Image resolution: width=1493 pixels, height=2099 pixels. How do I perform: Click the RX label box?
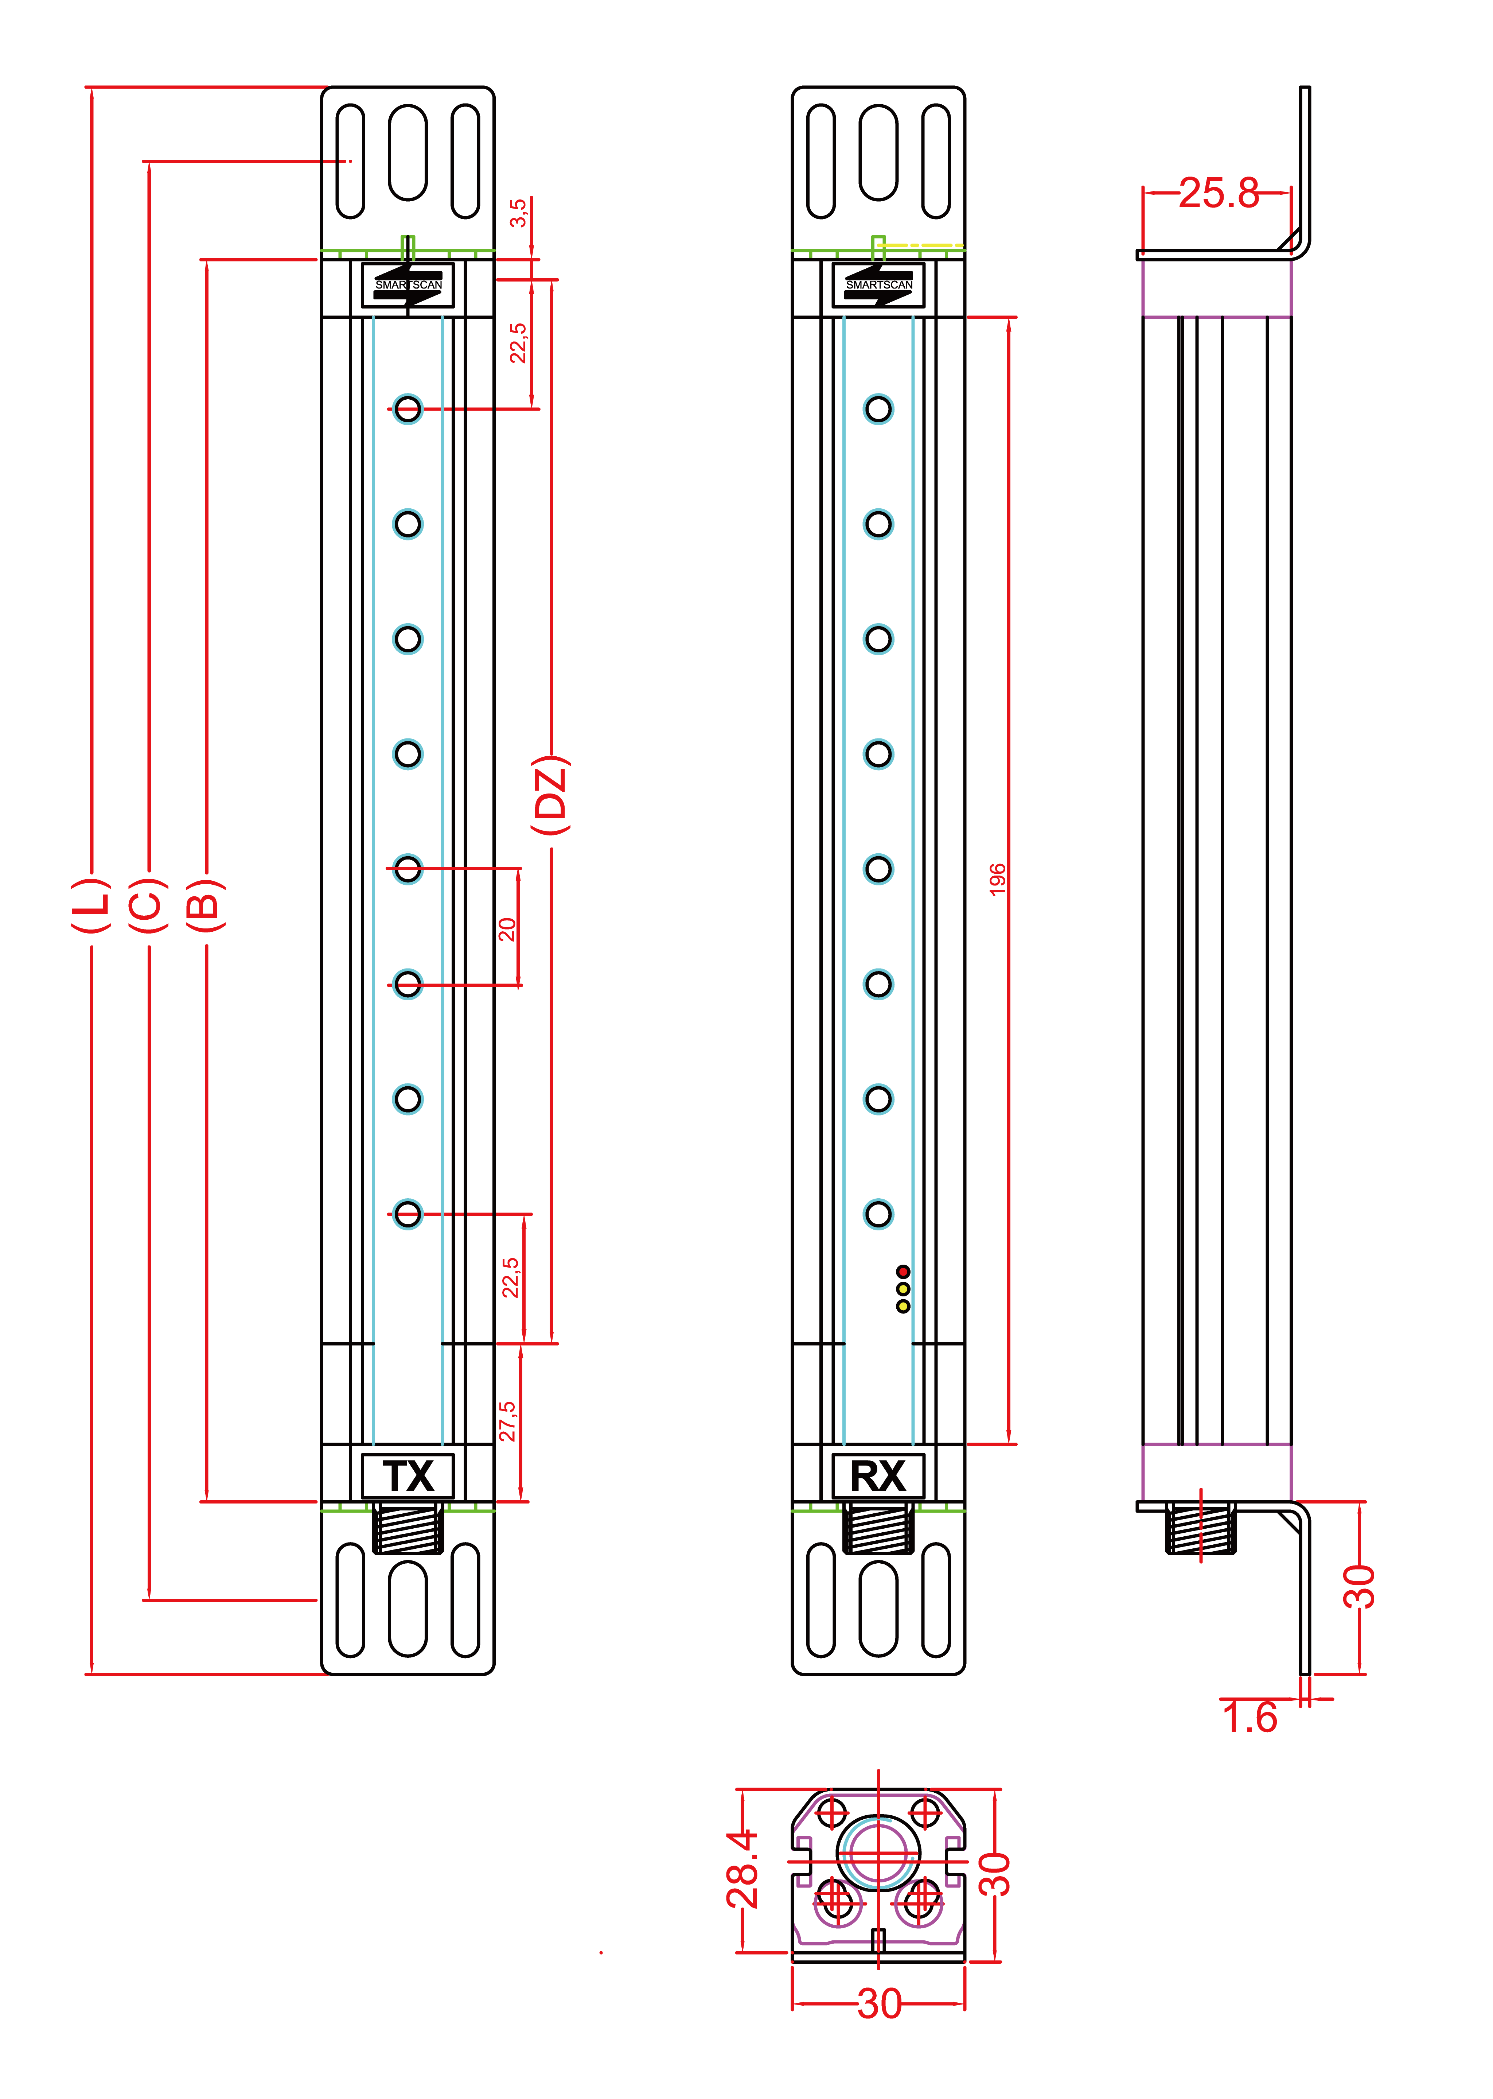click(878, 1476)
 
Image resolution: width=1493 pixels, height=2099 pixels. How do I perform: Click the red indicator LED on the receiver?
click(903, 1271)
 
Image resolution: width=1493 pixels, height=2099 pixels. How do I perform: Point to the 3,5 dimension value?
click(519, 213)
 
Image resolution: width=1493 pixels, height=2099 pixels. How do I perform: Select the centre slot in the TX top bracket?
click(407, 153)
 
